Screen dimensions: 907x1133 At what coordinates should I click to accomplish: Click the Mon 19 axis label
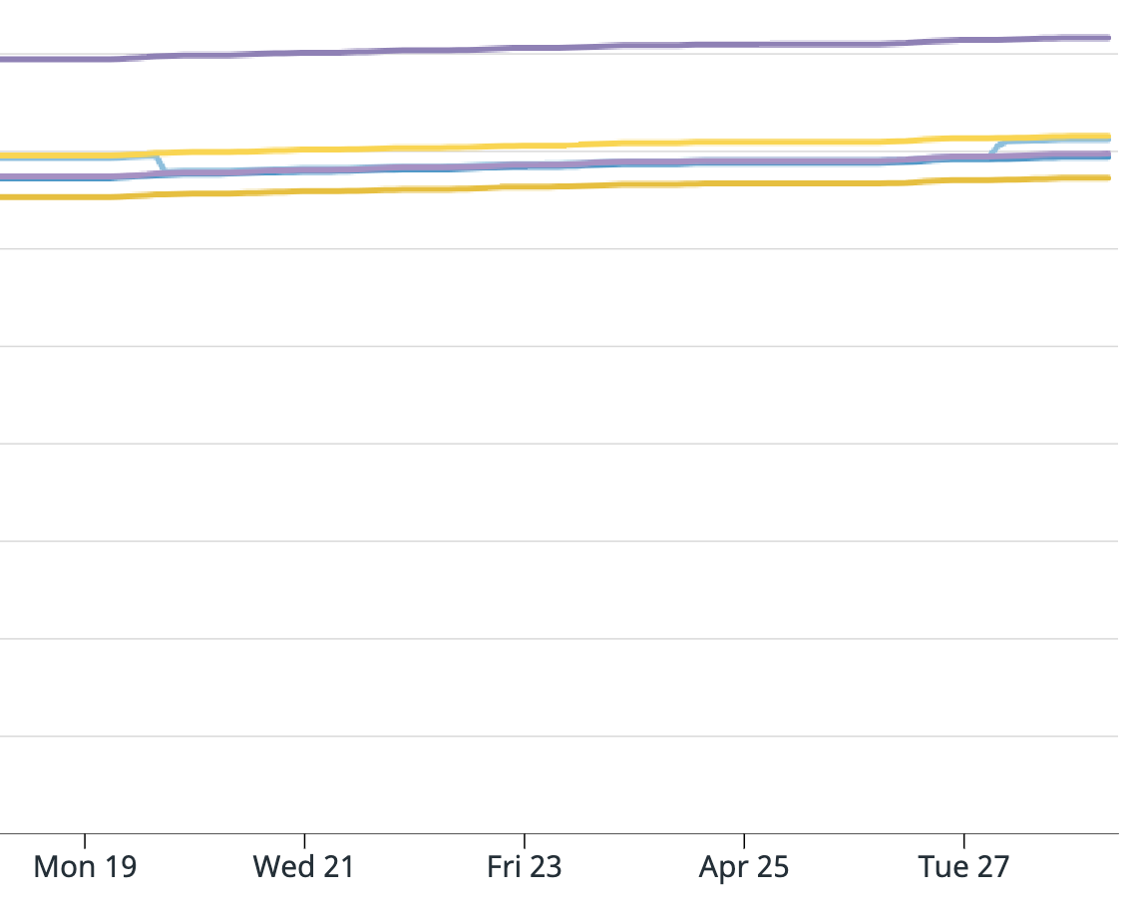tap(85, 867)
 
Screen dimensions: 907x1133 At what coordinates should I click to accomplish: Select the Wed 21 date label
tap(304, 867)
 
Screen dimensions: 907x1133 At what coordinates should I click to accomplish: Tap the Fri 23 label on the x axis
tap(525, 867)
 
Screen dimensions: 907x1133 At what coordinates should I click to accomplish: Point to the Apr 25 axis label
tap(744, 867)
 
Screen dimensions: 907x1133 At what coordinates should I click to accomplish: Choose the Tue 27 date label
tap(963, 867)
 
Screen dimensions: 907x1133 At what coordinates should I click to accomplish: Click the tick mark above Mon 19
tap(85, 840)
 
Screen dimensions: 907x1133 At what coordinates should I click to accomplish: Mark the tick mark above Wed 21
tap(304, 840)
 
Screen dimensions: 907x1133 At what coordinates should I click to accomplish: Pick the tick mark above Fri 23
tap(525, 840)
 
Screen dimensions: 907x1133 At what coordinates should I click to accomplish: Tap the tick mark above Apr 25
tap(744, 840)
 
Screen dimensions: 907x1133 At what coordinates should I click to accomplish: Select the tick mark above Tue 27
tap(963, 840)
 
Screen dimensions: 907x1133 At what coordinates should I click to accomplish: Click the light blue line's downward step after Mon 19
tap(160, 164)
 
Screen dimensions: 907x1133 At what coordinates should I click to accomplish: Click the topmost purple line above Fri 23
tap(525, 47)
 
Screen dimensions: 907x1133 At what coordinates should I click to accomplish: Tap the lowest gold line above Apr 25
tap(744, 183)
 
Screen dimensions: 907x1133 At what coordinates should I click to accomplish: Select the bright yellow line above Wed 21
tap(304, 150)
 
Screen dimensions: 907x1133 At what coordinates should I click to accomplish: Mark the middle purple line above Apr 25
tap(744, 161)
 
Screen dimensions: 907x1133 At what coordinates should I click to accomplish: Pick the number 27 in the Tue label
tap(991, 867)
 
